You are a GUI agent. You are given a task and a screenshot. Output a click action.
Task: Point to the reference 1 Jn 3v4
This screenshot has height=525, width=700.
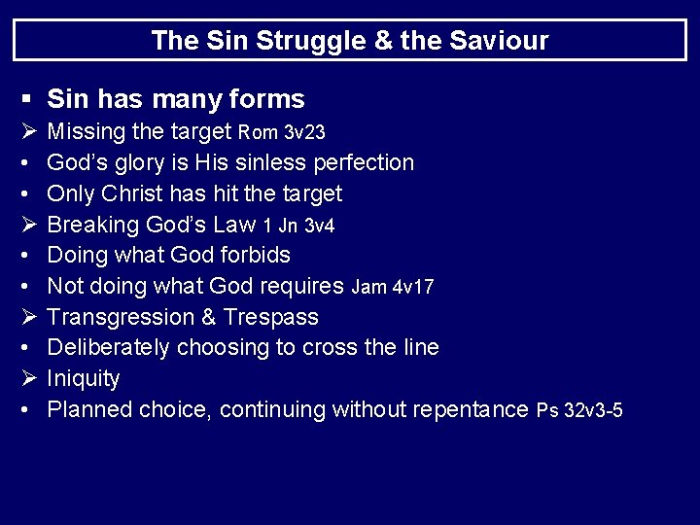[298, 226]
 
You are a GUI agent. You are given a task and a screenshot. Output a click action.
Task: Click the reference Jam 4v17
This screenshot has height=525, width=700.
[393, 288]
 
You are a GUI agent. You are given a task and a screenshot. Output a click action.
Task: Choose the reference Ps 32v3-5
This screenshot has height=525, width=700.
[579, 411]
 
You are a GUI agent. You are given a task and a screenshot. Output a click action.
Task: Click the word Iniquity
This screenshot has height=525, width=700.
[84, 379]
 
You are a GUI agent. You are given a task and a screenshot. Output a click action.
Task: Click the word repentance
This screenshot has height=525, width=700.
[471, 410]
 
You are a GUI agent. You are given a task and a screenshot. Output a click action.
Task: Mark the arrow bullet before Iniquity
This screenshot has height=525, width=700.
[25, 379]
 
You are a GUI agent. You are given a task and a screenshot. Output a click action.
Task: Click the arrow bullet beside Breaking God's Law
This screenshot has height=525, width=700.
[25, 225]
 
